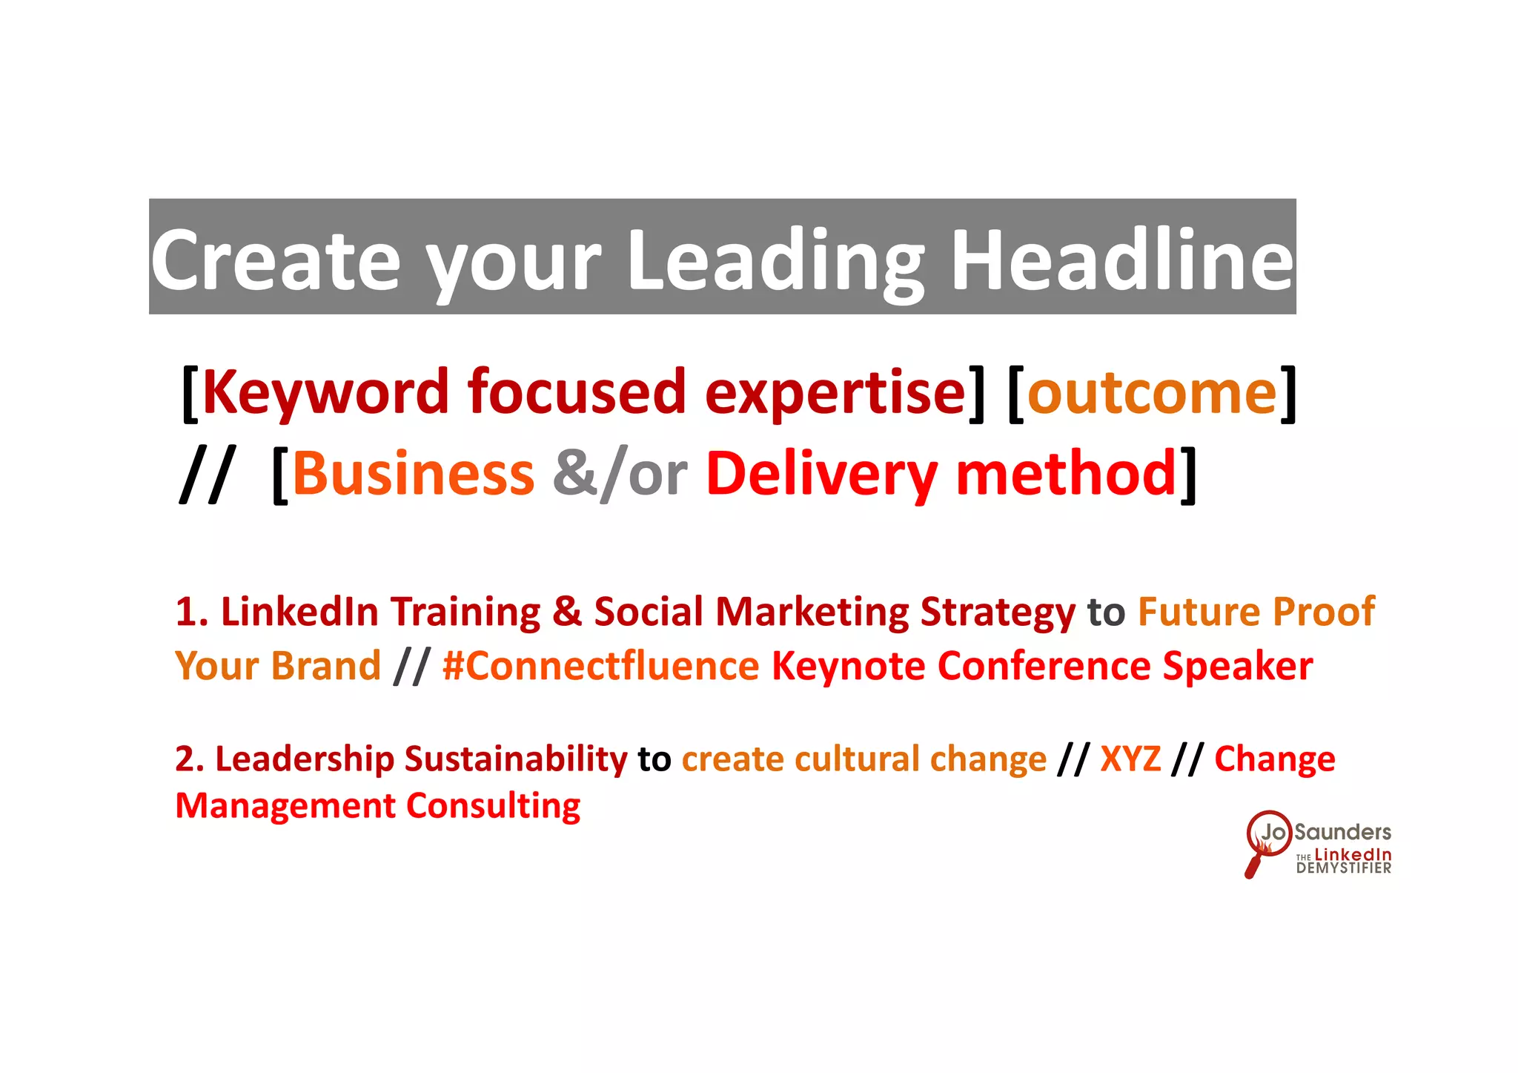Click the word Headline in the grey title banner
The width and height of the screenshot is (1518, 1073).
1121,260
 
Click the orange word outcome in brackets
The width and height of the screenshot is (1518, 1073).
1152,393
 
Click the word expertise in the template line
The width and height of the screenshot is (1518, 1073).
835,393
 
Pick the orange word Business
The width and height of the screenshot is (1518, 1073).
413,474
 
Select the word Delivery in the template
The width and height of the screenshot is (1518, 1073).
821,475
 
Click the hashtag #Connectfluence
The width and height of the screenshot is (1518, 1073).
600,666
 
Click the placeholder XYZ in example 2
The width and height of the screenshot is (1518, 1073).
1130,759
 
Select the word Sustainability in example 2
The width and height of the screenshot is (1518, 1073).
516,759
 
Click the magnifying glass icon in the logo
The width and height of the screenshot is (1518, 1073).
1265,842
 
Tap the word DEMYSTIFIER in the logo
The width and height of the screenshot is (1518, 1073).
1343,868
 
